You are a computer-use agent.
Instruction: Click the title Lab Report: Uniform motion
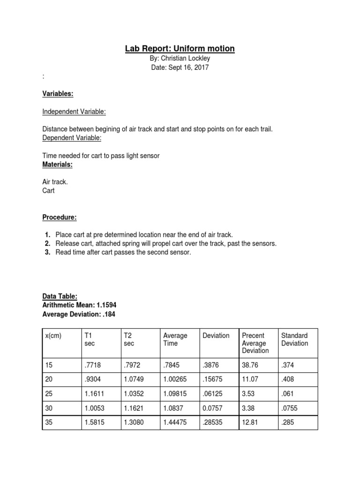180,49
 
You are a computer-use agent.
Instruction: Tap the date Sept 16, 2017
180,67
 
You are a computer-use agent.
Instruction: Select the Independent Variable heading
74,112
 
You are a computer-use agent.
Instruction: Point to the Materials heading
58,165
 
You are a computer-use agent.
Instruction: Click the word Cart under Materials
49,191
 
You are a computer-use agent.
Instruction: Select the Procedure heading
60,217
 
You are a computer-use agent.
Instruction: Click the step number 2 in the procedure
47,243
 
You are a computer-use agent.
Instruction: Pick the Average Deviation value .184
106,314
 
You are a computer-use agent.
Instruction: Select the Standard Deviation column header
294,339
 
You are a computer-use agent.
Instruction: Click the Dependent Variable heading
72,138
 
